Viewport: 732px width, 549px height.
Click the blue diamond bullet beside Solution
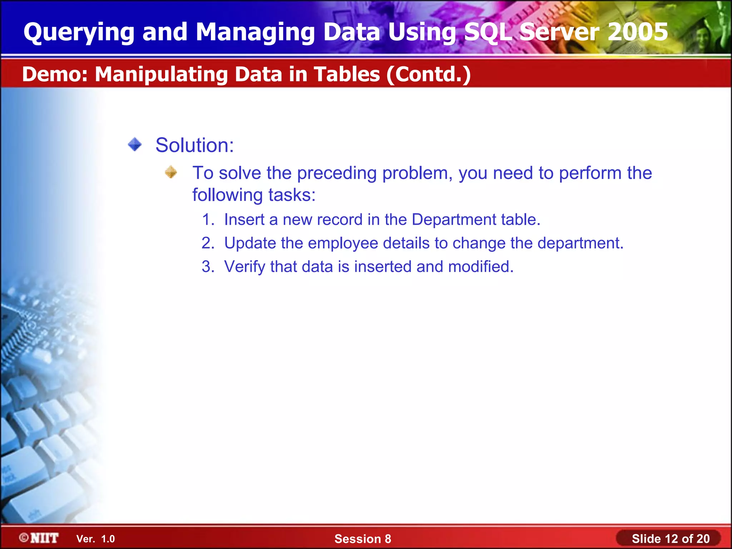click(x=135, y=145)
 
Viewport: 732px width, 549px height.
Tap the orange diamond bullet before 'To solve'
click(x=171, y=172)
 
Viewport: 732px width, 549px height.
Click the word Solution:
click(x=195, y=145)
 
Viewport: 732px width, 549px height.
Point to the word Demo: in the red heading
click(x=55, y=74)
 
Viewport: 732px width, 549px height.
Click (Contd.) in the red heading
click(x=428, y=74)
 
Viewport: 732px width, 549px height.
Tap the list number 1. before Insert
click(x=208, y=219)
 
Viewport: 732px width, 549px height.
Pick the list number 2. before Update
click(x=208, y=243)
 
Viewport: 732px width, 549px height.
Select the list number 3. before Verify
click(x=208, y=267)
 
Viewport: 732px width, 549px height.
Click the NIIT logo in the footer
click(x=39, y=538)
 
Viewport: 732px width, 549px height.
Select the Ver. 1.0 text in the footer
click(x=95, y=539)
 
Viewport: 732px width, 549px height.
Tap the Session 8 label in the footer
click(x=362, y=539)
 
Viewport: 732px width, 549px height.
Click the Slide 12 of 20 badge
click(x=670, y=539)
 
